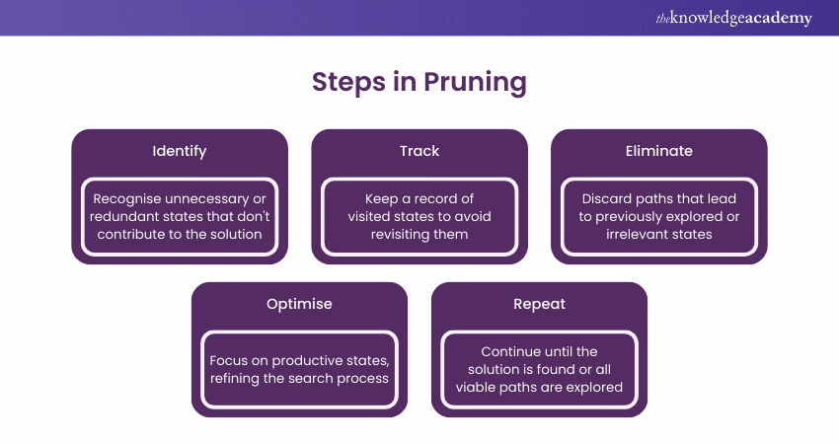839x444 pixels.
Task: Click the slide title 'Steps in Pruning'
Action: [419, 83]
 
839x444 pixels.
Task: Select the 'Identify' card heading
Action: [180, 151]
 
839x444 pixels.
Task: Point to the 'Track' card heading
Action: [419, 151]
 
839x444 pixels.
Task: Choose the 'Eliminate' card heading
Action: [658, 151]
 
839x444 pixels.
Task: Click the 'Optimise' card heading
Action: [299, 304]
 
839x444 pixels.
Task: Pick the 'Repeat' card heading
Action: [539, 304]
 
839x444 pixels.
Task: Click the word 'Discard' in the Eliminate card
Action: [608, 198]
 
